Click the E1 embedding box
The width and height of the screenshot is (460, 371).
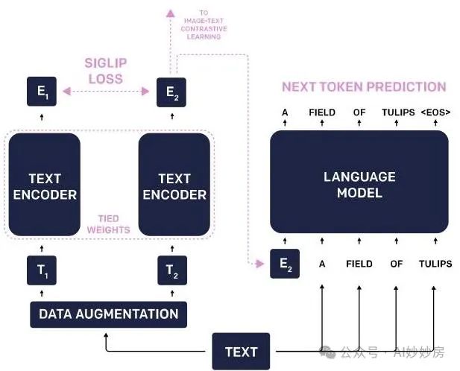pos(42,92)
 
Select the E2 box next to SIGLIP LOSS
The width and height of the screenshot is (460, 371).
pos(171,92)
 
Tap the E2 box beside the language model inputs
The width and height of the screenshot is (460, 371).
pos(284,264)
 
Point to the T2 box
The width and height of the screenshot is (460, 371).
pos(172,270)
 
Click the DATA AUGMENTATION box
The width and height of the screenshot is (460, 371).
pos(108,314)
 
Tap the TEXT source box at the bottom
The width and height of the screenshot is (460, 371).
pos(241,352)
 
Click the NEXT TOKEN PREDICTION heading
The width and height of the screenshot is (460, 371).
pos(364,86)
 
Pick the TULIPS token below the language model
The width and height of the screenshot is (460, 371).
pos(435,264)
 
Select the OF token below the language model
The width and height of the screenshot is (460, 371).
pos(397,264)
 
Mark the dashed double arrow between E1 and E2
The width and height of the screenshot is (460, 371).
pos(107,92)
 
